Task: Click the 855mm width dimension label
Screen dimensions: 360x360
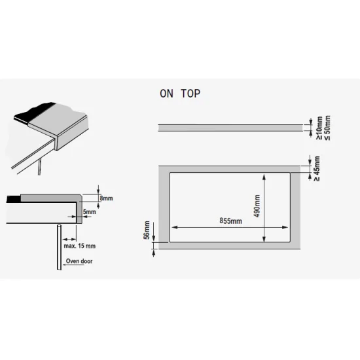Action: [230, 221]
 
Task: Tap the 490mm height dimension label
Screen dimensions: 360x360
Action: [257, 206]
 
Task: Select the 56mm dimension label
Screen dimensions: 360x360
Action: [147, 230]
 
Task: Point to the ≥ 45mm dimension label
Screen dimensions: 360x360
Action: [317, 168]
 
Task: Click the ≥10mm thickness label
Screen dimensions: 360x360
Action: [319, 128]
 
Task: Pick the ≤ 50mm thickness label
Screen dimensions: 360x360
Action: [327, 128]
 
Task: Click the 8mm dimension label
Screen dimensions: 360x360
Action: [106, 198]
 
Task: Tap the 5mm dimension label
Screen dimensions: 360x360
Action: [90, 211]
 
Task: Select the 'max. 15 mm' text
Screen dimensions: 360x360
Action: [80, 246]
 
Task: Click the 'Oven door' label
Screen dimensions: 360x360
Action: [79, 261]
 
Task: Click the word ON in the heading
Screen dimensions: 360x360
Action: [166, 94]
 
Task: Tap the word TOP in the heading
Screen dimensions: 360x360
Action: [190, 94]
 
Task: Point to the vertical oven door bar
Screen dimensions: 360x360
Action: [59, 247]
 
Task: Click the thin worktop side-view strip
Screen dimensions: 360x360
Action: [230, 128]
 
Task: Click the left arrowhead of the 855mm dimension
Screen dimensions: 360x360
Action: [175, 227]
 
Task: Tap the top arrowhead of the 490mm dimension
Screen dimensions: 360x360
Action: [264, 177]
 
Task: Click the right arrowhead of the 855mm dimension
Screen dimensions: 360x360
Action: [285, 227]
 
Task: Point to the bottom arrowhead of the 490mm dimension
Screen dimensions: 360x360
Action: [264, 239]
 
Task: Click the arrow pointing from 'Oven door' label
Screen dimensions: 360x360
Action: [73, 264]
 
